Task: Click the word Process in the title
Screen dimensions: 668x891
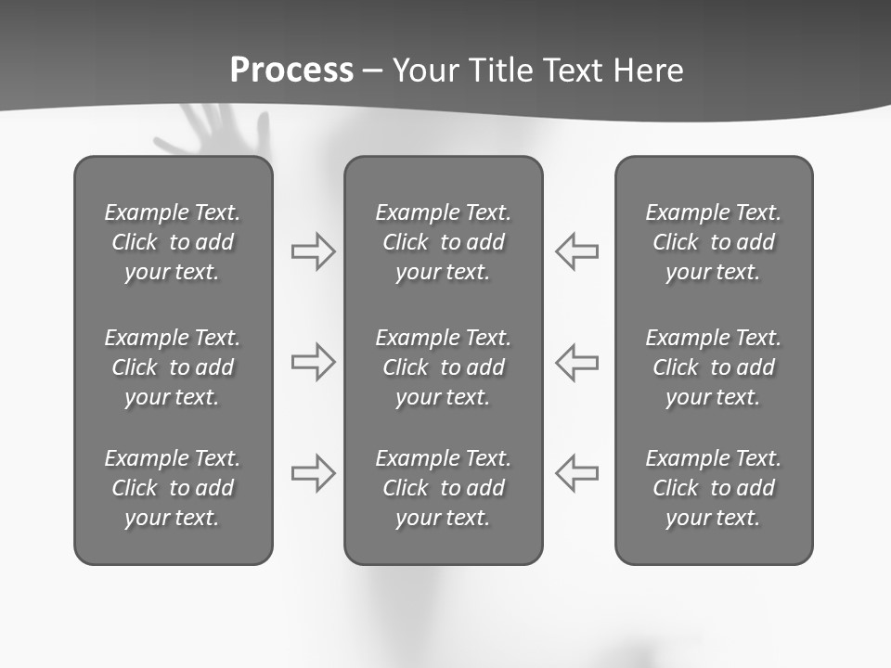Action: pyautogui.click(x=291, y=71)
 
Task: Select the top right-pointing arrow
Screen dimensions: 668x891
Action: pyautogui.click(x=313, y=251)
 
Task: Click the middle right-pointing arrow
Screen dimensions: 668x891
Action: pyautogui.click(x=313, y=362)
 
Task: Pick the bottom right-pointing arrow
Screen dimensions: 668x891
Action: pyautogui.click(x=313, y=473)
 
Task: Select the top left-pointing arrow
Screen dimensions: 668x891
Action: pyautogui.click(x=577, y=251)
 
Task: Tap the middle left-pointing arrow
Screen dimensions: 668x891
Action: pyautogui.click(x=577, y=362)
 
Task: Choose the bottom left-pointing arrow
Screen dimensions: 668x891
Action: pyautogui.click(x=577, y=473)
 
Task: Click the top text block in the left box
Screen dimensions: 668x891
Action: pyautogui.click(x=173, y=242)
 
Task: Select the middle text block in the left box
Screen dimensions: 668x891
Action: pyautogui.click(x=173, y=367)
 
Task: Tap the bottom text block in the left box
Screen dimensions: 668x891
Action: pyautogui.click(x=173, y=488)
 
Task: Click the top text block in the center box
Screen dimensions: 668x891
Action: pyautogui.click(x=443, y=242)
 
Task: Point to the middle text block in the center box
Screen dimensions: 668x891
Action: pyautogui.click(x=443, y=367)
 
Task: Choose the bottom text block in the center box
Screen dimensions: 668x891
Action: pyautogui.click(x=443, y=488)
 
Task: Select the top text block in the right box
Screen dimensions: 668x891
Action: pyautogui.click(x=713, y=242)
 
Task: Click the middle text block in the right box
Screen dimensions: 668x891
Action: pyautogui.click(x=713, y=367)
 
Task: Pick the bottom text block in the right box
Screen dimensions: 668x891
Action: pyautogui.click(x=713, y=488)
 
